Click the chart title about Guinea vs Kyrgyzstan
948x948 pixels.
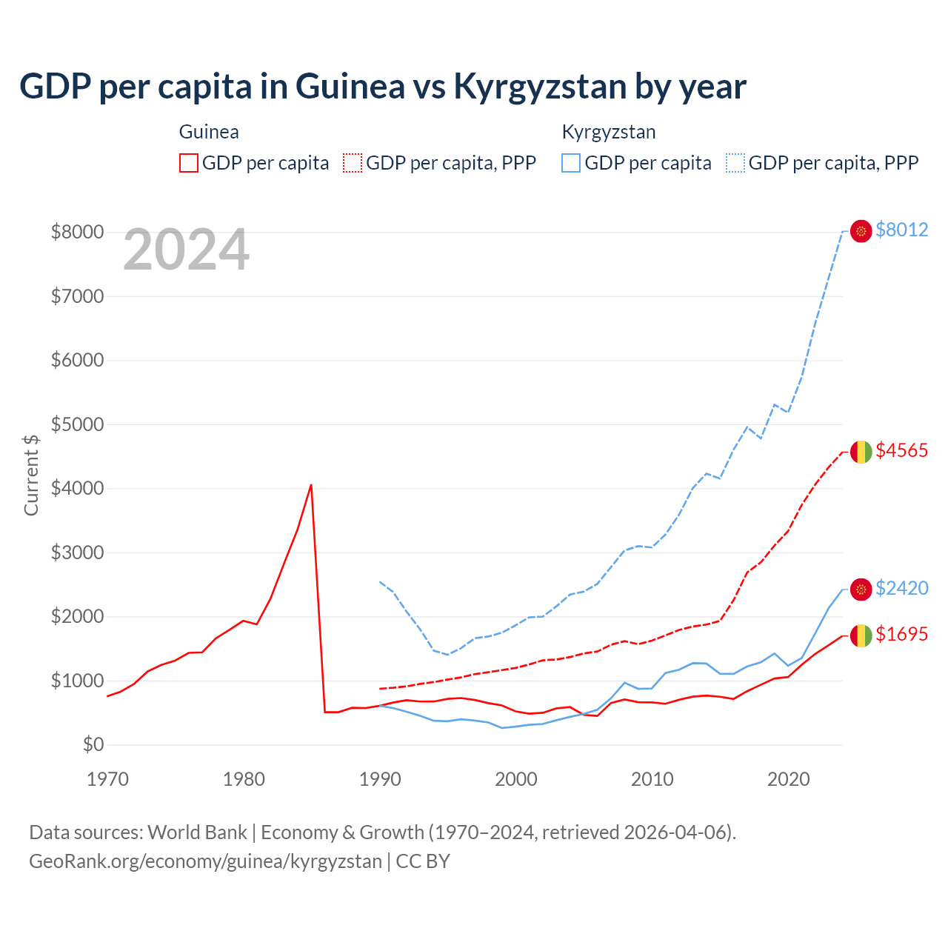tap(382, 86)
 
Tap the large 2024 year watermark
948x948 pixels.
tap(186, 250)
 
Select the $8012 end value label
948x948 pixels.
tap(901, 230)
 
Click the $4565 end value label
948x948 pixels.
tap(901, 450)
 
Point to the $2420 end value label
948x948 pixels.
tap(901, 588)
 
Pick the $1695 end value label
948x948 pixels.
tap(901, 634)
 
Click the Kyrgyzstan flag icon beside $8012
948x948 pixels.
tap(861, 231)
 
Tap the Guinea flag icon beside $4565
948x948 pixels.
tap(861, 451)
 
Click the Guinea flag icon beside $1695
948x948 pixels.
tap(861, 635)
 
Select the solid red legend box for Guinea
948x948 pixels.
tap(189, 163)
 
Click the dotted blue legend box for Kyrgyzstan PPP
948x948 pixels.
tap(735, 163)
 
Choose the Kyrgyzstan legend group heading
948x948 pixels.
tap(609, 132)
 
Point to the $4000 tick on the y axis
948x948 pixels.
tap(77, 489)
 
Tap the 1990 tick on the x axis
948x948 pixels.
tap(380, 779)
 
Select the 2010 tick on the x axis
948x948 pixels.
tap(652, 779)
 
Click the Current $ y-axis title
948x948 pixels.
tap(31, 475)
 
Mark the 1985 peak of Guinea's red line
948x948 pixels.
tap(311, 485)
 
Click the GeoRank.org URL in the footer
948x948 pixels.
tap(205, 861)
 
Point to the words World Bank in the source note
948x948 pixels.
tap(197, 832)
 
